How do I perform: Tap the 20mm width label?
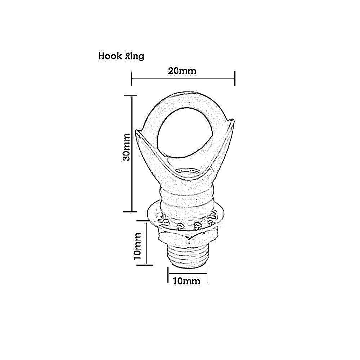182,71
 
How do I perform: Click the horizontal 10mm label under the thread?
186,281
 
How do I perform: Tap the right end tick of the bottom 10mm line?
207,275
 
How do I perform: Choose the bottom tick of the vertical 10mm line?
146,265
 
